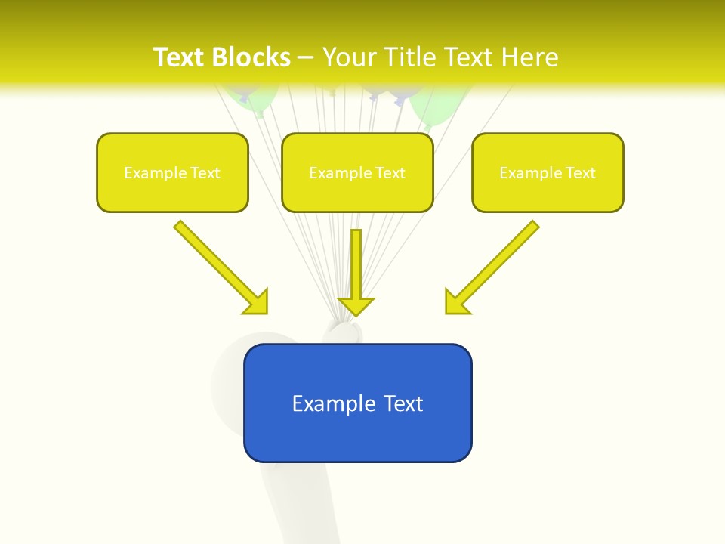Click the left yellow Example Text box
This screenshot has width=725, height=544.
pyautogui.click(x=172, y=172)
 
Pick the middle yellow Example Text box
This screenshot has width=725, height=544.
pyautogui.click(x=357, y=172)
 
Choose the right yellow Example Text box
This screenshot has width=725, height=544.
pyautogui.click(x=548, y=172)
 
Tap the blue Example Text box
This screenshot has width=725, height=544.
pyautogui.click(x=357, y=403)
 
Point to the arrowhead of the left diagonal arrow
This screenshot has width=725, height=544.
pyautogui.click(x=257, y=302)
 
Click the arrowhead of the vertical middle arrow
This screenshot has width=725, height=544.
pyautogui.click(x=356, y=306)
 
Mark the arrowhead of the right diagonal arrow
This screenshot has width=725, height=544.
pyautogui.click(x=456, y=302)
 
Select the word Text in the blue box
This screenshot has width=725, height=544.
pyautogui.click(x=403, y=403)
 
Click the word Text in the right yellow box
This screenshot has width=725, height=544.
pyautogui.click(x=580, y=173)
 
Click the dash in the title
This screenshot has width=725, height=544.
pyautogui.click(x=306, y=57)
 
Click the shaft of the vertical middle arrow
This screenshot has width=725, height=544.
pyautogui.click(x=356, y=261)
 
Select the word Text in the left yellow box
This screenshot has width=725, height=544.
pyautogui.click(x=205, y=173)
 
